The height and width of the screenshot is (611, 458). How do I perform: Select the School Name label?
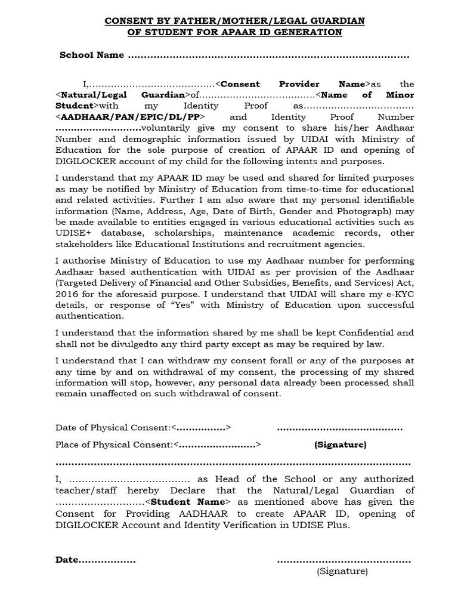(91, 55)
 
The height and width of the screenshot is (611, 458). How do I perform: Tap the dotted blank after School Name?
(268, 55)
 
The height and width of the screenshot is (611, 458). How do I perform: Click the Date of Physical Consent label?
(113, 428)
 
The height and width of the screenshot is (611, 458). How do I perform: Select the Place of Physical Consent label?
(114, 445)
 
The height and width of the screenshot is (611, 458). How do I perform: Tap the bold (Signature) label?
(341, 445)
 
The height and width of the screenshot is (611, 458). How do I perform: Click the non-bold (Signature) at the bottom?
(342, 571)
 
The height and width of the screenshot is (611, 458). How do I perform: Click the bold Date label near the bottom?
(67, 560)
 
